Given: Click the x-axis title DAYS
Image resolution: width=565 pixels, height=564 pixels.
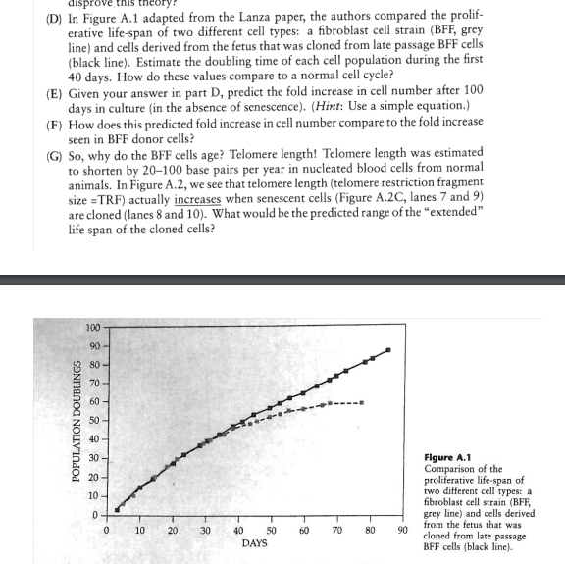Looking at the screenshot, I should coord(255,542).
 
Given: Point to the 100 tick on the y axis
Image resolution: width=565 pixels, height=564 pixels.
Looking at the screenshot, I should coord(92,327).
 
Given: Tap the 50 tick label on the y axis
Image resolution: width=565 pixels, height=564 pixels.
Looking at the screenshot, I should coord(92,420).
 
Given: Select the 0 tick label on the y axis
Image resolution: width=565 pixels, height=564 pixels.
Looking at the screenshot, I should coord(96,514).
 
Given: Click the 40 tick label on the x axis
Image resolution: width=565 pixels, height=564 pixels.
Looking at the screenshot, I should coord(238,530).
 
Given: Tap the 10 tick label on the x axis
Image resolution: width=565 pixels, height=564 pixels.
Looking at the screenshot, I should coord(138,530).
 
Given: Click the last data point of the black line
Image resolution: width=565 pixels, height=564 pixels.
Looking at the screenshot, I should coord(388,350).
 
